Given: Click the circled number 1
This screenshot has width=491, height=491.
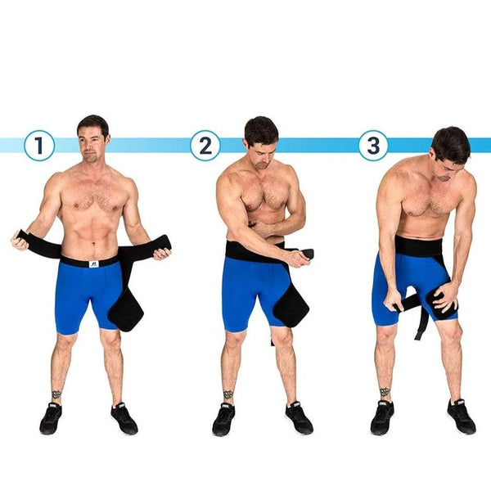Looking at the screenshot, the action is click(x=39, y=146).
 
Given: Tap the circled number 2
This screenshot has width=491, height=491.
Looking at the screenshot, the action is click(x=205, y=146).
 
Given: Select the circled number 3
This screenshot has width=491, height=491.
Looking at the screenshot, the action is click(x=373, y=146).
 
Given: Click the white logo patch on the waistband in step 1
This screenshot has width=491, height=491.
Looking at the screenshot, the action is click(x=94, y=264).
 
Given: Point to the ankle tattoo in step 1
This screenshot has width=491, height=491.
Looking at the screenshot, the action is click(x=56, y=394).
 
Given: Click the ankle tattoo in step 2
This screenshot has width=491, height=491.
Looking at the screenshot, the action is click(x=228, y=394).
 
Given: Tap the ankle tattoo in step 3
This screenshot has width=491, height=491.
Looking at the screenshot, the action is click(x=385, y=392).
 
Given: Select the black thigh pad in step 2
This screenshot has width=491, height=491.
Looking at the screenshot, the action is click(x=291, y=309).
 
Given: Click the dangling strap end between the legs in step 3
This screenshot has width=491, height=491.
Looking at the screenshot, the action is click(x=421, y=322).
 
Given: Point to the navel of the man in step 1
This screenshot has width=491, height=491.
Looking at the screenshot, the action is click(x=93, y=244).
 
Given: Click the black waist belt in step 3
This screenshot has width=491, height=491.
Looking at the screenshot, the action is click(x=418, y=245).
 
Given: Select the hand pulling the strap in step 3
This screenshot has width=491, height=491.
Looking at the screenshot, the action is click(x=392, y=303).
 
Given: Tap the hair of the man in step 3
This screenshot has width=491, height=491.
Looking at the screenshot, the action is click(x=452, y=143).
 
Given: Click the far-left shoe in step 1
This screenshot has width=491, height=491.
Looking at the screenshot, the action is click(x=51, y=418).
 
